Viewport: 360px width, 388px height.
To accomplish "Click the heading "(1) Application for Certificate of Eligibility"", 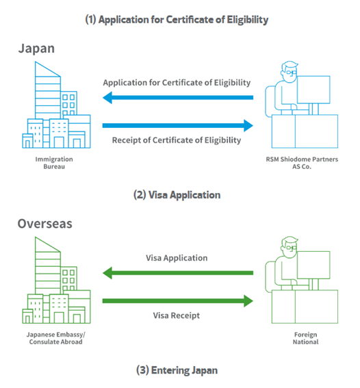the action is [x=177, y=20].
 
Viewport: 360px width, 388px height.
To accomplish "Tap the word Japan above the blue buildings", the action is [x=36, y=49].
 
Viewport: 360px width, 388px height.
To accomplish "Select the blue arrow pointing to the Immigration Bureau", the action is [x=178, y=97].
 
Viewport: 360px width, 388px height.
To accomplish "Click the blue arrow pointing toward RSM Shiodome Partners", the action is [x=178, y=125].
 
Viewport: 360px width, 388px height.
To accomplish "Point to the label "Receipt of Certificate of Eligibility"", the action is [x=177, y=140].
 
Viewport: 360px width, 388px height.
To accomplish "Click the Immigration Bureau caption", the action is [x=54, y=163].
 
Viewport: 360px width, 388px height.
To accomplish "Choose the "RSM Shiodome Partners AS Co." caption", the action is [x=302, y=163].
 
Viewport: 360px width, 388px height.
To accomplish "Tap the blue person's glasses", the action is [x=291, y=73].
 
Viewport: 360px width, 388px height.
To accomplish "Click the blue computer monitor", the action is [x=313, y=90].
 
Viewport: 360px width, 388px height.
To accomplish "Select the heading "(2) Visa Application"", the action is [x=177, y=195].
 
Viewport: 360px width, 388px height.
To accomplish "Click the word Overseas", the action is [x=44, y=224].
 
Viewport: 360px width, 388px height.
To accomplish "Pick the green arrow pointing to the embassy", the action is [x=178, y=273].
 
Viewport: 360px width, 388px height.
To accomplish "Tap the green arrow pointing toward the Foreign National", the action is [x=178, y=301].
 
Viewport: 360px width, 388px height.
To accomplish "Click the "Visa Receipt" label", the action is [x=176, y=315].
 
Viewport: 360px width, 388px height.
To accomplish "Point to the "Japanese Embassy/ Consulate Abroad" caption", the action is [x=55, y=338].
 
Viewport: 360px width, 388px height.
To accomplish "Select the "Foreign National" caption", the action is [x=305, y=338].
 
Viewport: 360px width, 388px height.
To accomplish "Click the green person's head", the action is [x=290, y=247].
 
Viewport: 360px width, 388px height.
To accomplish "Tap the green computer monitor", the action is [x=313, y=265].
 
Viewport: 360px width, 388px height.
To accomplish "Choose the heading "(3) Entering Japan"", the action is [x=177, y=370].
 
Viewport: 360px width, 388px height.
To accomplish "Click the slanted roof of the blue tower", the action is [x=48, y=69].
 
